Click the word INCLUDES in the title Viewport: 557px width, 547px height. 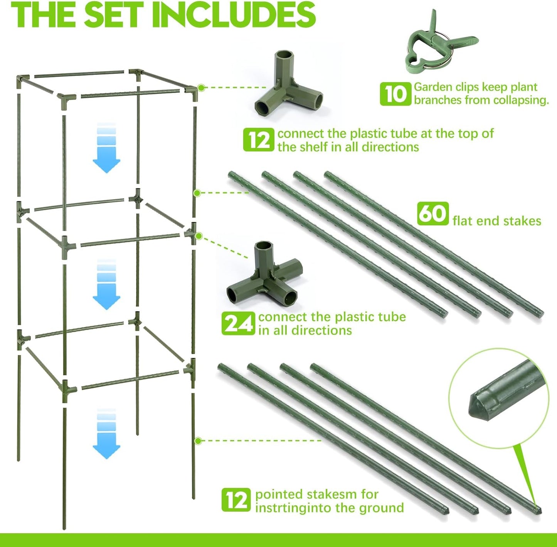(234, 15)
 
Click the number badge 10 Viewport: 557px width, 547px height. (395, 94)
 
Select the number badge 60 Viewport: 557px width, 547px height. (433, 213)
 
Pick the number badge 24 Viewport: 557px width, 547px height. (238, 323)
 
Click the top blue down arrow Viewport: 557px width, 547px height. (106, 149)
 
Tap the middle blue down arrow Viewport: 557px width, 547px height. (106, 286)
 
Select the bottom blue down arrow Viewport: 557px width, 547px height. (106, 434)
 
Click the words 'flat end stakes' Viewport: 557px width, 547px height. (497, 221)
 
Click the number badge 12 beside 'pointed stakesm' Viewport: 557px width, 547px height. (236, 500)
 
